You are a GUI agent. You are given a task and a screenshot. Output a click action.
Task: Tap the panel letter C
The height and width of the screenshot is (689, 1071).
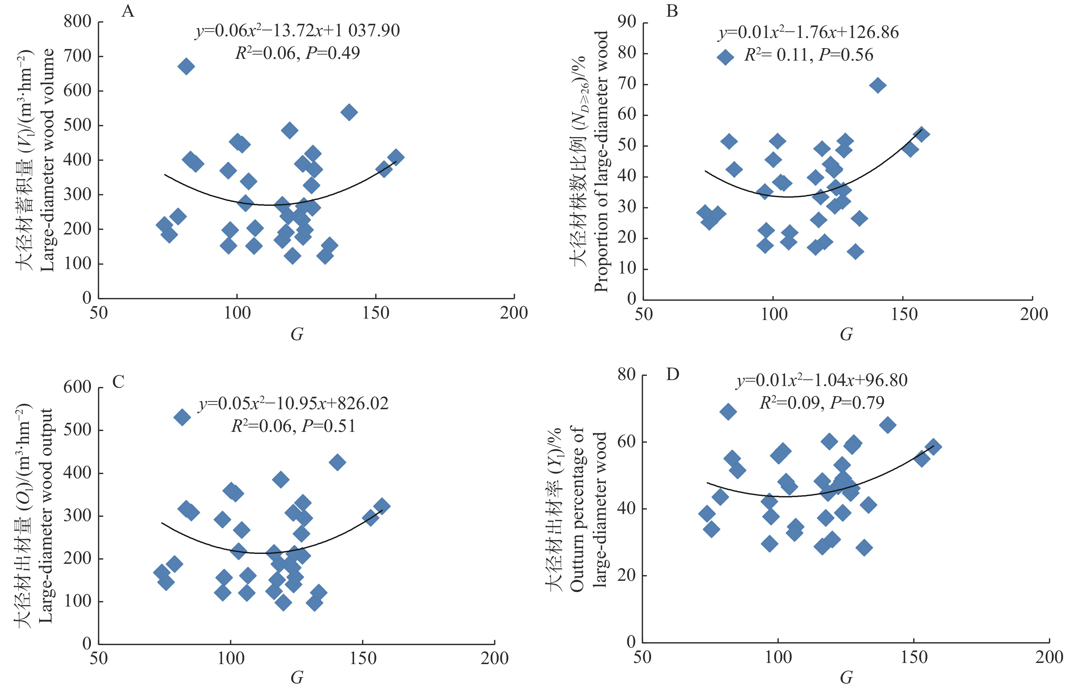pos(118,382)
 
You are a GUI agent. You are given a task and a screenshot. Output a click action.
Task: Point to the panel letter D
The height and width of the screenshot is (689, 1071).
pos(672,374)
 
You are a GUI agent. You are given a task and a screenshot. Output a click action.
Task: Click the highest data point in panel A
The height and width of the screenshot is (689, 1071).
pos(186,67)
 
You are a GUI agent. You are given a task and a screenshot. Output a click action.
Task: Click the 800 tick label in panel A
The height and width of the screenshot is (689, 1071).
pos(77,22)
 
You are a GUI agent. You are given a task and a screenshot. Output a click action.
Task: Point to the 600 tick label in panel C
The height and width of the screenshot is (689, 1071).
pos(77,387)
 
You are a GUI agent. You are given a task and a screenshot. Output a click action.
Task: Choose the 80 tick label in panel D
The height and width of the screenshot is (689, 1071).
pos(626,374)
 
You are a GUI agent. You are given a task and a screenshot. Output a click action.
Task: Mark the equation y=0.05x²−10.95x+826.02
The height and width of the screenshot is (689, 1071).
pos(294,404)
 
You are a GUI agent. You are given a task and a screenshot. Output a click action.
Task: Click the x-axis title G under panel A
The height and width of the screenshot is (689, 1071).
pos(297,334)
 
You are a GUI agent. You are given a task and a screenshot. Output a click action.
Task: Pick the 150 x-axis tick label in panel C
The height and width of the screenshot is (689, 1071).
pos(362,658)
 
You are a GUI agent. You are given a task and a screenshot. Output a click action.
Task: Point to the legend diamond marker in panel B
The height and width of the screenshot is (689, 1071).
pos(725,57)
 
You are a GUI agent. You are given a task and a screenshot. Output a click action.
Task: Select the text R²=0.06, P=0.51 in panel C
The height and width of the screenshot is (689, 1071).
pos(293,426)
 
